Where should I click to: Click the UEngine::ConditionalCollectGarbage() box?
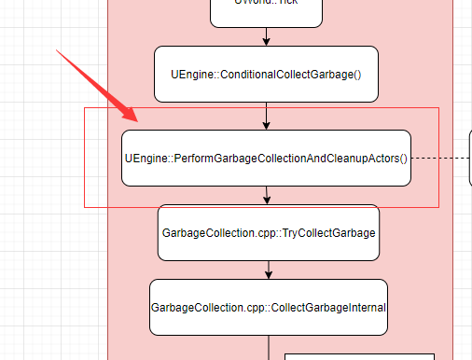click(266, 74)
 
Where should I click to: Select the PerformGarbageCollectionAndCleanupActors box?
click(266, 158)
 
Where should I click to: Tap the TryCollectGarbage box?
click(269, 232)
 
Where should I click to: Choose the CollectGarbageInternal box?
click(269, 307)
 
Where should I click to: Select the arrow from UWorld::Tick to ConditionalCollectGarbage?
click(266, 36)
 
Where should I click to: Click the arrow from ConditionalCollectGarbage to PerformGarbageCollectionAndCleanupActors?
click(266, 116)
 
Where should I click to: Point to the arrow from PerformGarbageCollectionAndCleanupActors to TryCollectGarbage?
click(267, 195)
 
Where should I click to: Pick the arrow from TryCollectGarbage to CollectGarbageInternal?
click(269, 270)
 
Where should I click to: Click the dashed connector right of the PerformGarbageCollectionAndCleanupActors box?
click(439, 158)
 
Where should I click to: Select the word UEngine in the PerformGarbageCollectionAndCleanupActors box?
click(146, 158)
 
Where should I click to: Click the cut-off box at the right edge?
click(470, 158)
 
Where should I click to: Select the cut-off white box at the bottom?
click(359, 356)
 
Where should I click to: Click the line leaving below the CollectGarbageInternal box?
click(269, 347)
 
